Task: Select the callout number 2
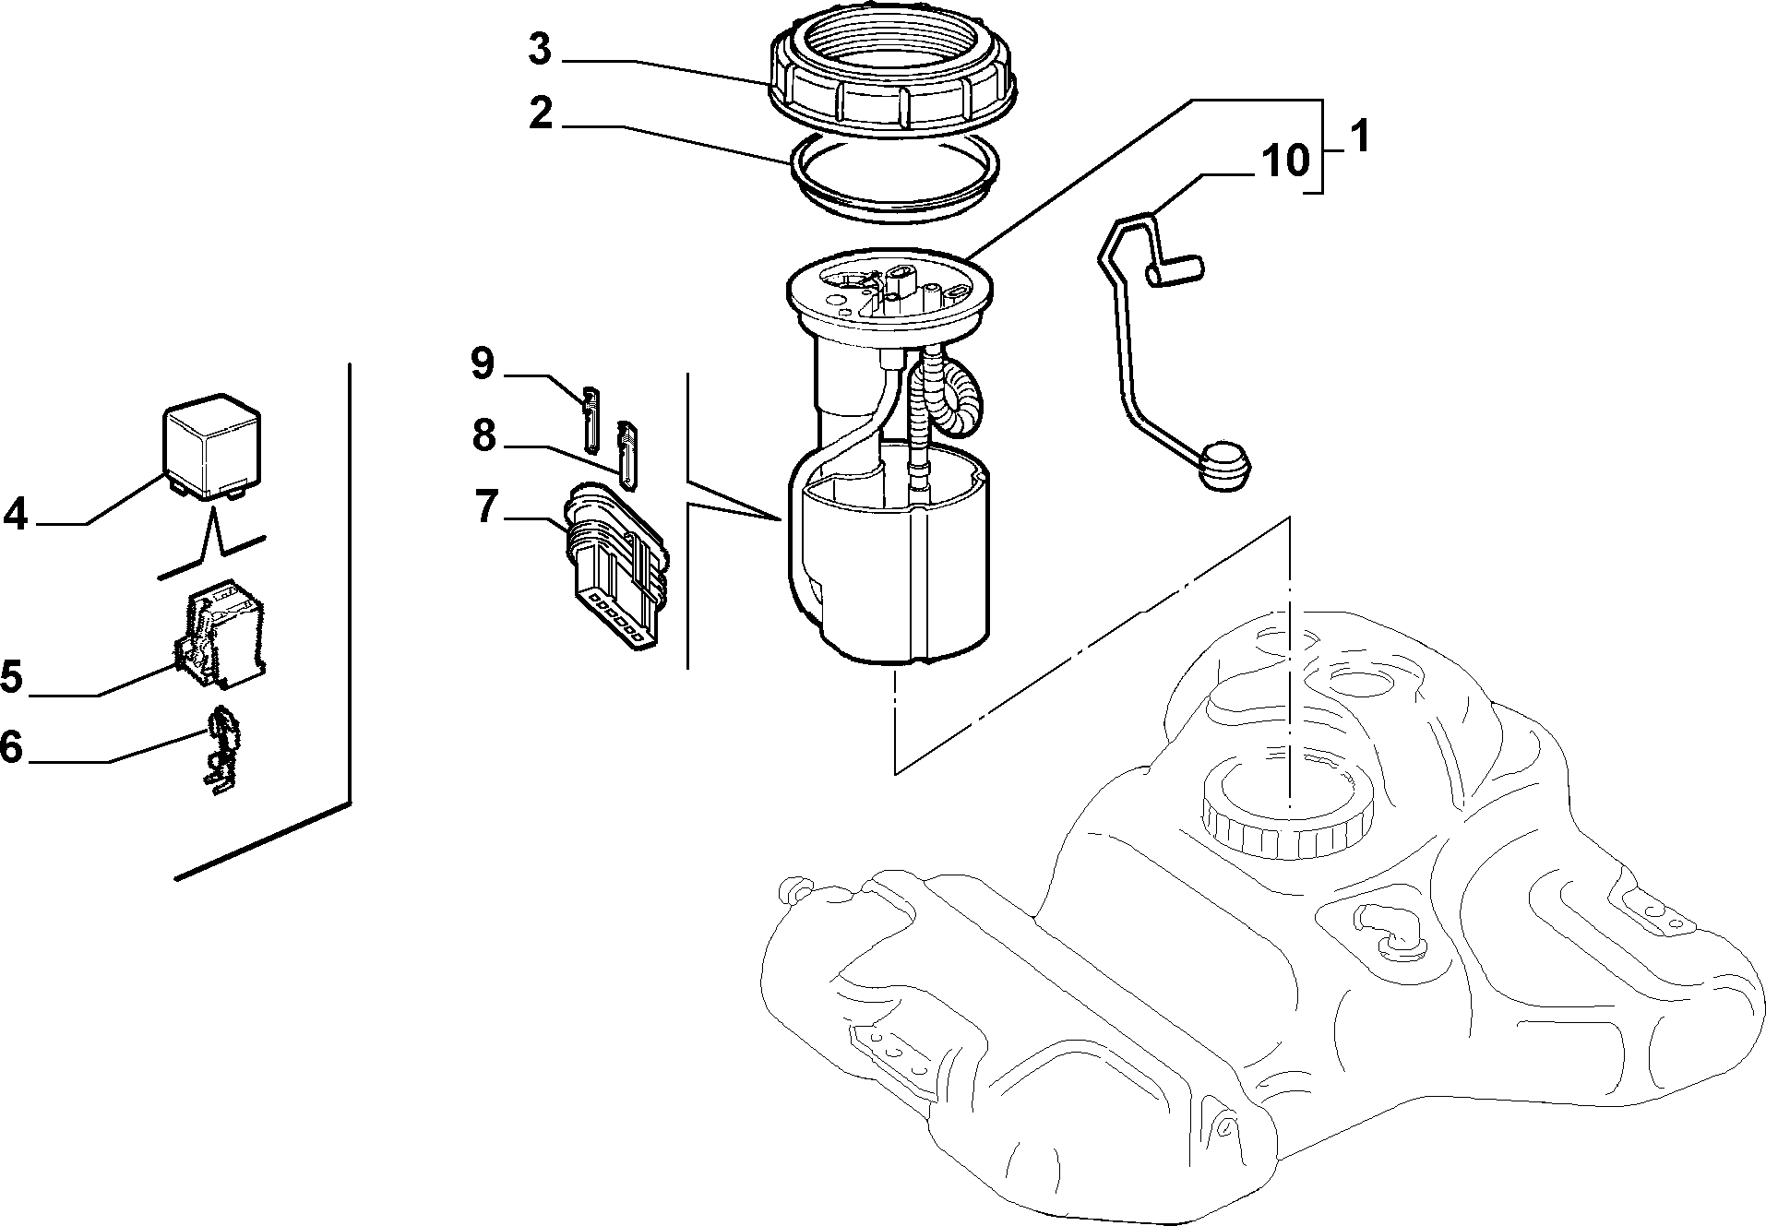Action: (x=541, y=114)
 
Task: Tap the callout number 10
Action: (x=1286, y=162)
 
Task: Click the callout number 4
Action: (x=16, y=514)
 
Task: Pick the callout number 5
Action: (x=12, y=677)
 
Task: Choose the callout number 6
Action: (x=11, y=746)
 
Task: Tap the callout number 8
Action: (x=484, y=435)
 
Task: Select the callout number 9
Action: (x=483, y=363)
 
